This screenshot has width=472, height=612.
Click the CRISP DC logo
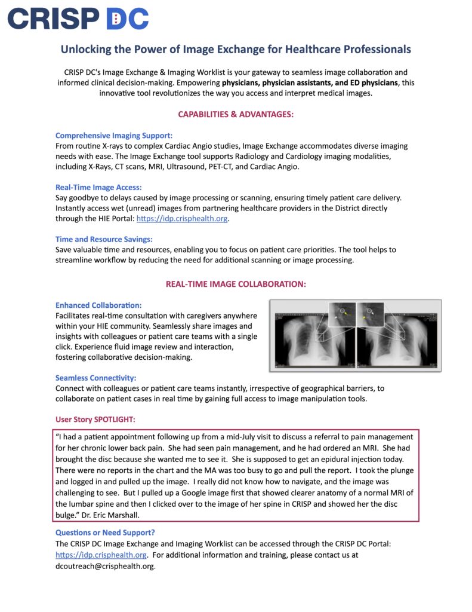78,19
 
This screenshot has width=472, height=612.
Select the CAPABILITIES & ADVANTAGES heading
236,114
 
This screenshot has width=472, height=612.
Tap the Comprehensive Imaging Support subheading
114,136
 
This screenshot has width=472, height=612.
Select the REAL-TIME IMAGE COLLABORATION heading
236,284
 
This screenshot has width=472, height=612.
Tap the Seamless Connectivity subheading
96,378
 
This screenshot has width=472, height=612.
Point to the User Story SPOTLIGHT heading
99,419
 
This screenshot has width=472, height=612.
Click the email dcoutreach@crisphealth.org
104,565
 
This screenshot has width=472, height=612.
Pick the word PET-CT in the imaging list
227,166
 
